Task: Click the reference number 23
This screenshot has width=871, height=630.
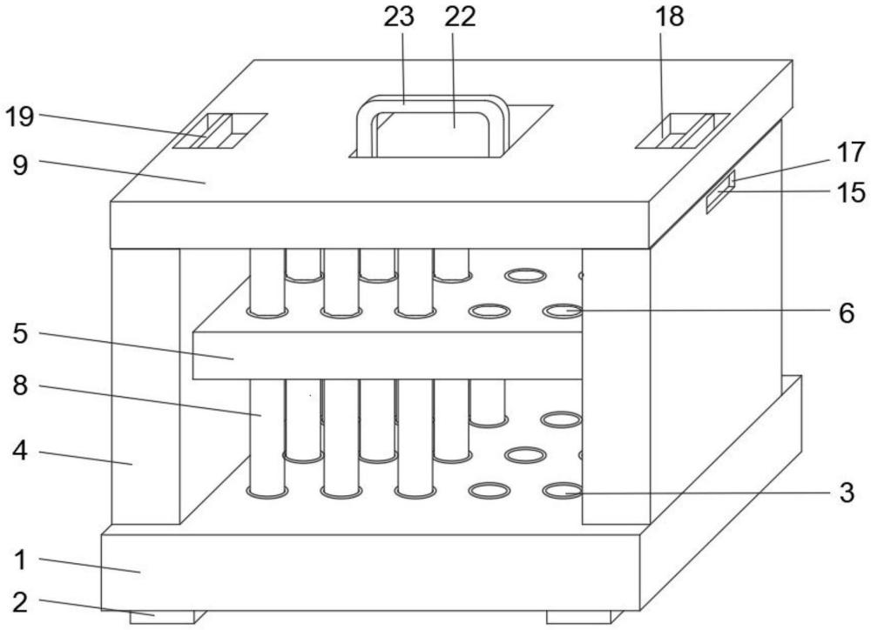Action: pyautogui.click(x=399, y=17)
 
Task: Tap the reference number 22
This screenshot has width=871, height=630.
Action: pyautogui.click(x=459, y=17)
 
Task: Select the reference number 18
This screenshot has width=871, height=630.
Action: pyautogui.click(x=669, y=17)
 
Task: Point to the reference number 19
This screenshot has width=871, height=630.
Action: pyautogui.click(x=19, y=117)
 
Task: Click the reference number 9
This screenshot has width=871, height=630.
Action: pyautogui.click(x=20, y=164)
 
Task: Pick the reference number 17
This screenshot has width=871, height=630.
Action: pyautogui.click(x=850, y=152)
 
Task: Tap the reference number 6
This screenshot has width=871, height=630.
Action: pyautogui.click(x=846, y=313)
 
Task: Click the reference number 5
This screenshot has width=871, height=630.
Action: pyautogui.click(x=20, y=334)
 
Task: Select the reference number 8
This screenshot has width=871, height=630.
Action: pyautogui.click(x=20, y=385)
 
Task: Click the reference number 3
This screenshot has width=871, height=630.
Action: pyautogui.click(x=846, y=493)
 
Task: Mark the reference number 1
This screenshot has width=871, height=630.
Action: pyautogui.click(x=20, y=560)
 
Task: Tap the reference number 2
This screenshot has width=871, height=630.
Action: pyautogui.click(x=20, y=602)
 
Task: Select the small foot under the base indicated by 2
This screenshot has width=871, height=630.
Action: pyautogui.click(x=162, y=617)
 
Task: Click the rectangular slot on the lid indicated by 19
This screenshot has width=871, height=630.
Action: pyautogui.click(x=220, y=131)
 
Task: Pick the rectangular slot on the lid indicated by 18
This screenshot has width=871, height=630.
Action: pyautogui.click(x=683, y=131)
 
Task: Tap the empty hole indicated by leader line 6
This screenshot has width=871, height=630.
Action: pyautogui.click(x=562, y=312)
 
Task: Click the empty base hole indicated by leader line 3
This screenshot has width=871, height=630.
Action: pyautogui.click(x=562, y=491)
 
